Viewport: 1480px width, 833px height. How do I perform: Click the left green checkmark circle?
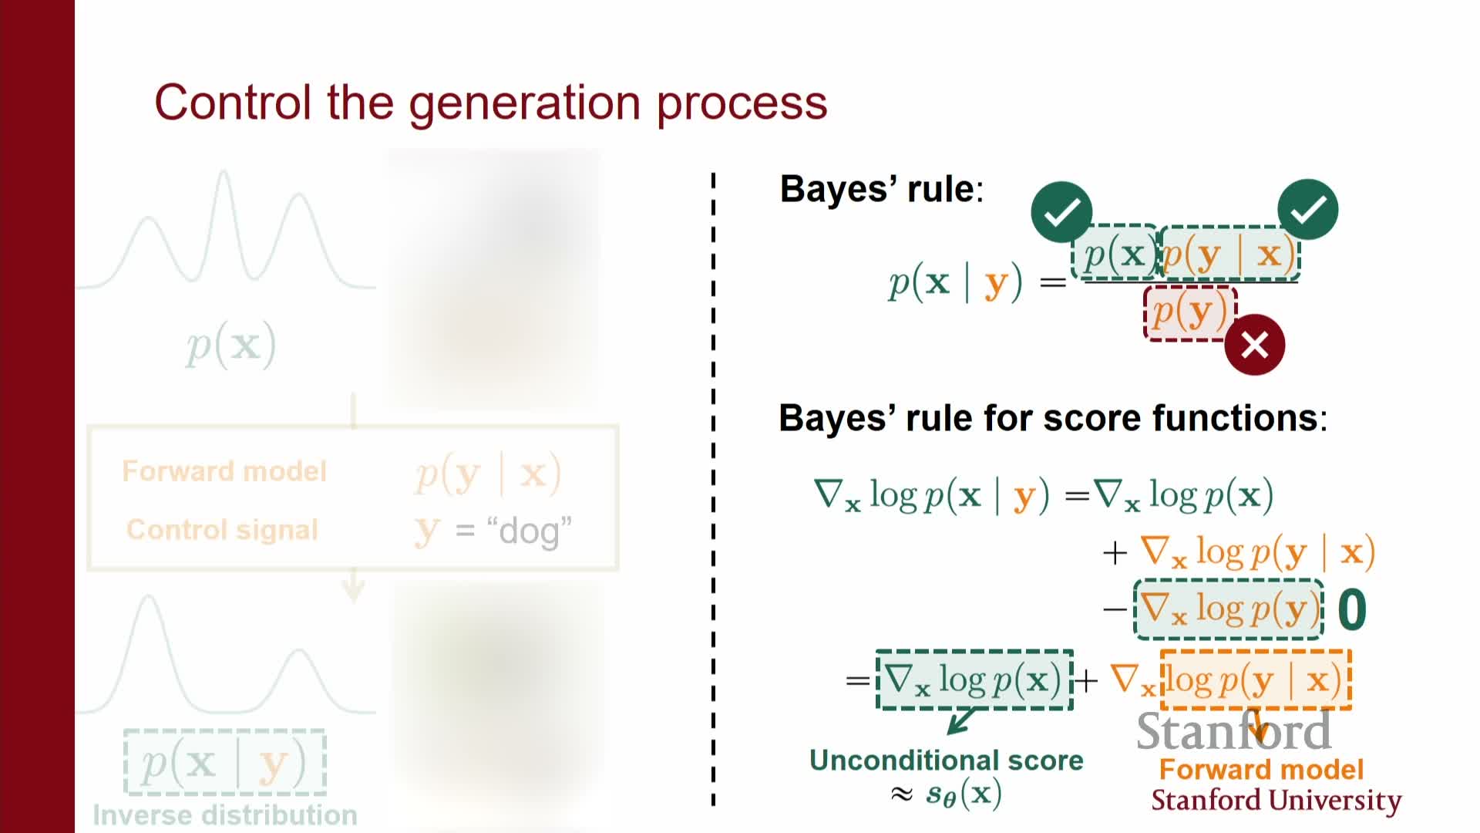1061,212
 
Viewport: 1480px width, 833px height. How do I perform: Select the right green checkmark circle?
1307,210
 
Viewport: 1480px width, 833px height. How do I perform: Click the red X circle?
1254,345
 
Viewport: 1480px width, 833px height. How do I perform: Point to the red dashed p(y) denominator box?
1189,312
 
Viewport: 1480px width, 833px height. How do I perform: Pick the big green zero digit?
1352,610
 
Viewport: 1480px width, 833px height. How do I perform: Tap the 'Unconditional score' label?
946,760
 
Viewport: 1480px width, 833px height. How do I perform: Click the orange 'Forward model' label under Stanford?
1261,770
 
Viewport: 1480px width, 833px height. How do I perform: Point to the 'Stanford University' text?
1276,801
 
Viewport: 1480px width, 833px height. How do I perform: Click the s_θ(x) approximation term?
964,793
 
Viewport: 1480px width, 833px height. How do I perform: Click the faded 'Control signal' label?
222,530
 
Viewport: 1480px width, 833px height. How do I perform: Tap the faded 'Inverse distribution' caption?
224,815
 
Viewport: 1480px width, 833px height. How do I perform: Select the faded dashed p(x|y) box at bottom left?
224,763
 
